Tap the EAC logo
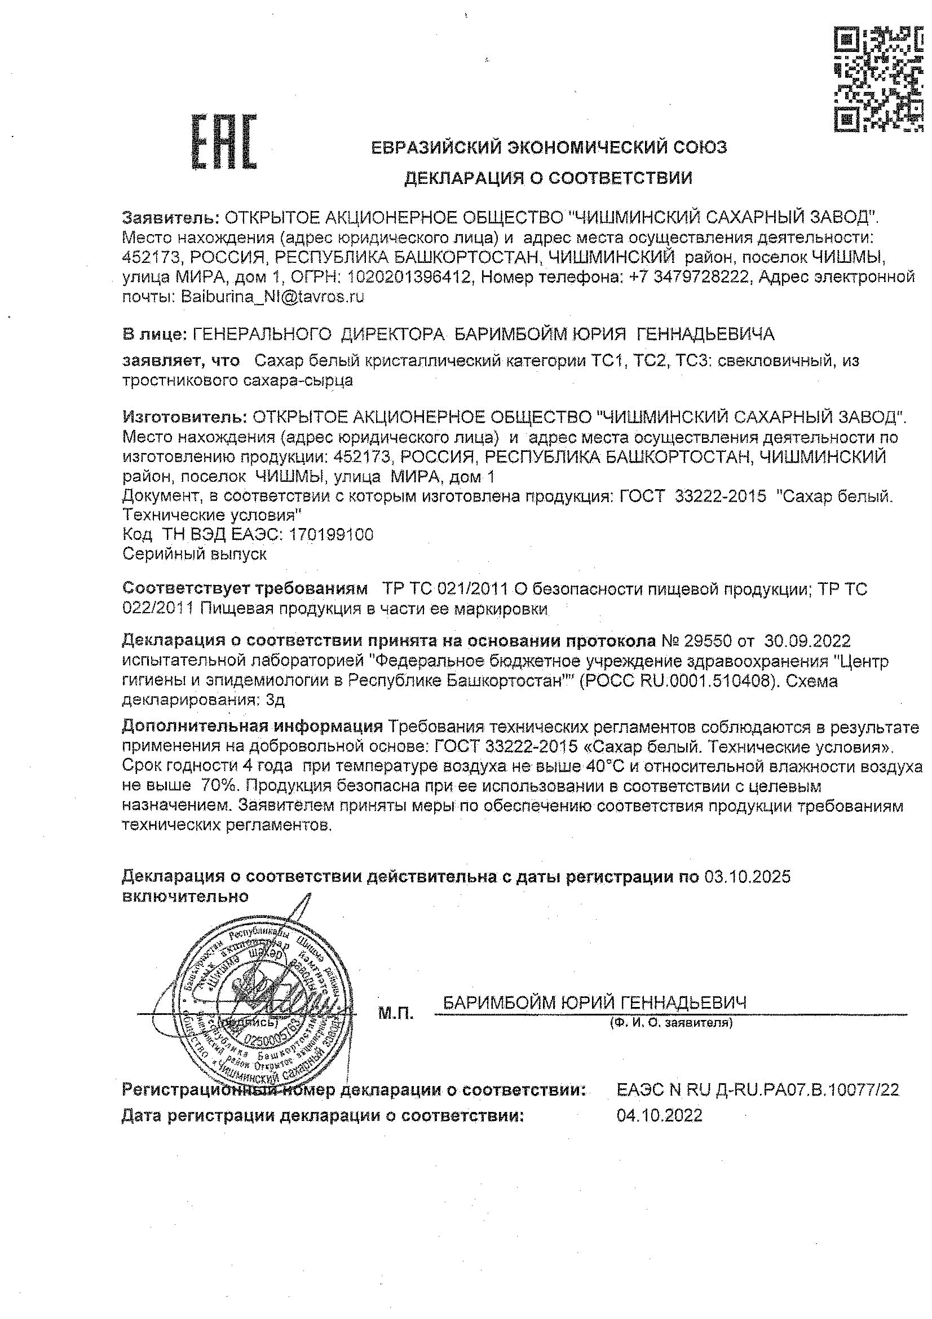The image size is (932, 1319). pyautogui.click(x=224, y=142)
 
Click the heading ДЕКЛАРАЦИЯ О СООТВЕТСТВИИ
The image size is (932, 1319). pyautogui.click(x=548, y=178)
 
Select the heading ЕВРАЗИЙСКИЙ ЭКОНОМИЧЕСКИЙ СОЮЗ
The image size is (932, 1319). pyautogui.click(x=549, y=148)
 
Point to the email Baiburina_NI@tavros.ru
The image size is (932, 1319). pyautogui.click(x=273, y=297)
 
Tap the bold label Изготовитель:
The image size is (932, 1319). pyautogui.click(x=185, y=416)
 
